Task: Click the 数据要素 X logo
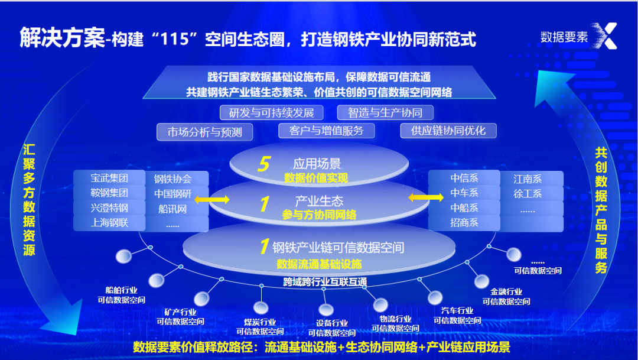click(x=578, y=36)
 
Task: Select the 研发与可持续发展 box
click(x=271, y=112)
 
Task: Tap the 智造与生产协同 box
click(x=385, y=112)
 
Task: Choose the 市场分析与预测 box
click(x=204, y=132)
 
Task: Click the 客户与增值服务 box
click(x=326, y=131)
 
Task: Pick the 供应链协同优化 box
click(x=448, y=131)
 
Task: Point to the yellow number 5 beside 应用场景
click(x=263, y=164)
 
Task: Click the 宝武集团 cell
click(x=109, y=178)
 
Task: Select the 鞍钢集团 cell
click(x=109, y=193)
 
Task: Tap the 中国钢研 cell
click(x=173, y=193)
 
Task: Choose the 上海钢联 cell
click(x=109, y=223)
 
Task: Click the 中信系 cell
click(x=464, y=178)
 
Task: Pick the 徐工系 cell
click(x=528, y=193)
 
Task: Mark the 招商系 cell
click(x=464, y=223)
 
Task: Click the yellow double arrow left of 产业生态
click(x=212, y=200)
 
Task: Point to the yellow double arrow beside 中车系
click(x=426, y=197)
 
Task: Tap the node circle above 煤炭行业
click(x=261, y=307)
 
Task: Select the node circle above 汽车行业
click(x=435, y=297)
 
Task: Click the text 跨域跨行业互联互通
click(x=325, y=281)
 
